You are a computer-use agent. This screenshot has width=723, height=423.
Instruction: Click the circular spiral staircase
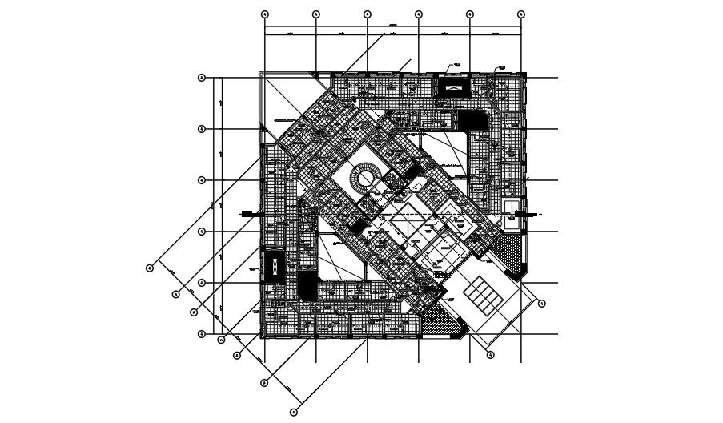pos(368,175)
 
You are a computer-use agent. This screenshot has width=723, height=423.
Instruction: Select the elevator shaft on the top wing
pos(453,86)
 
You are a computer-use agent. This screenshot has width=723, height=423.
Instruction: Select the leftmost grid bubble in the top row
pos(265,14)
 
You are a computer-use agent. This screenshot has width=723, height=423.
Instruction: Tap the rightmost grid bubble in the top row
pos(520,14)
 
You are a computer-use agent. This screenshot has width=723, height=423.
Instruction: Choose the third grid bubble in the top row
pos(368,14)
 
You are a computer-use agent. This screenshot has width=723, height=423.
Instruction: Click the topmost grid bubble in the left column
pos(203,78)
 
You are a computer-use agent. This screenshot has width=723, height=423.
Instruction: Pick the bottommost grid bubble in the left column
pos(203,334)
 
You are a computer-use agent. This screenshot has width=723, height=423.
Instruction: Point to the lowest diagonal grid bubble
pos(294,412)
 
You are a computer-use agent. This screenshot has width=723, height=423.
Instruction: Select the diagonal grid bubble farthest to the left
pos(149,268)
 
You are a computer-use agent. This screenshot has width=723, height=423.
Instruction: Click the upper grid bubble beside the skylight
pos(542,304)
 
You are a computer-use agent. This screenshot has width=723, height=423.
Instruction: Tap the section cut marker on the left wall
pos(248,213)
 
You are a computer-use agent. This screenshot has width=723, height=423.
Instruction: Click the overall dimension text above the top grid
pos(392,27)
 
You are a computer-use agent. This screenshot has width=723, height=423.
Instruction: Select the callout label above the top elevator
pos(458,64)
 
